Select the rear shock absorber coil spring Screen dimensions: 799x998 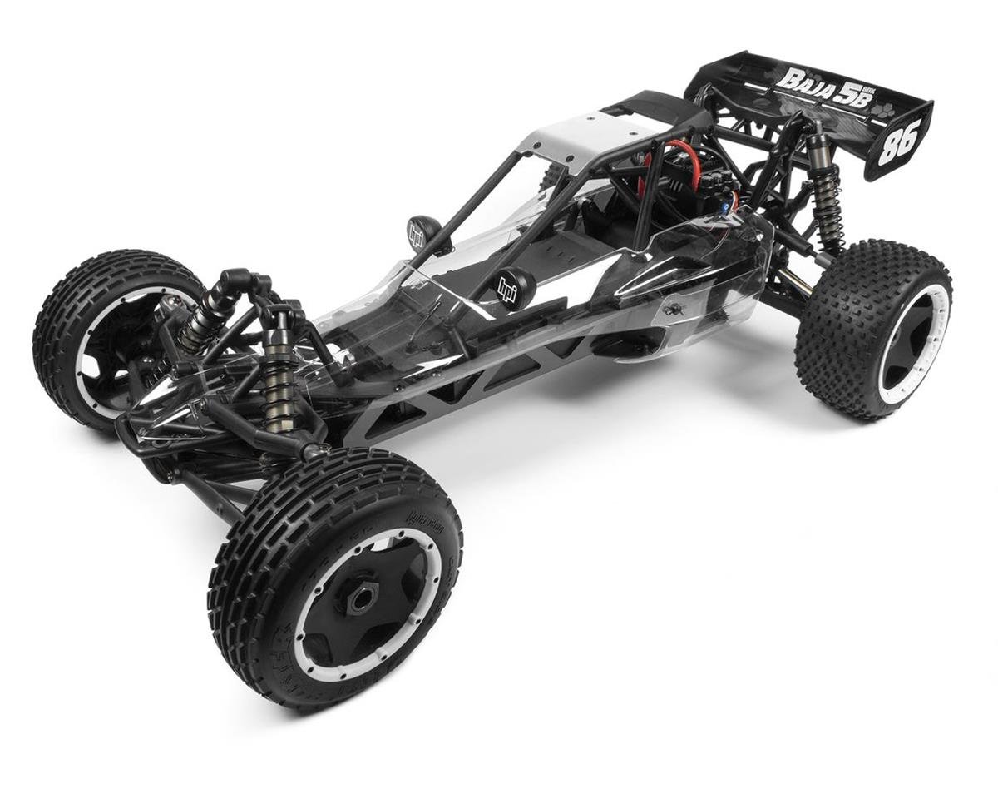point(828,208)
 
